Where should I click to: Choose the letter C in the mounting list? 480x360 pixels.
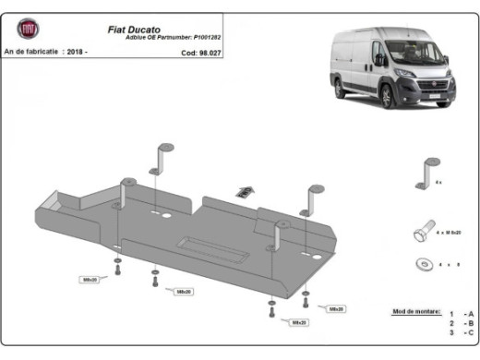(x=470, y=333)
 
